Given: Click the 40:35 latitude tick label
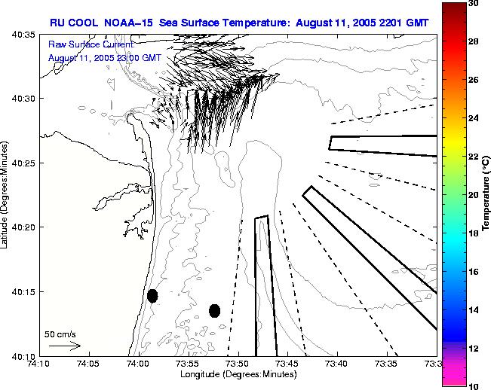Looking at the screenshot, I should [x=23, y=35].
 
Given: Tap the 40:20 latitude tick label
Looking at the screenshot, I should [x=23, y=227].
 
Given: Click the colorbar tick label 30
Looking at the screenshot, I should [x=474, y=3].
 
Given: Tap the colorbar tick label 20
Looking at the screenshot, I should [x=474, y=194].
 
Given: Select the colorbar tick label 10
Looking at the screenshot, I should [x=474, y=385].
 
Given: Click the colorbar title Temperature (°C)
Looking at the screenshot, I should [x=486, y=194].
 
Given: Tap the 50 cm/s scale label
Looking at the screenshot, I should [x=61, y=333].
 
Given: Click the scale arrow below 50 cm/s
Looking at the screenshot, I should [x=65, y=346].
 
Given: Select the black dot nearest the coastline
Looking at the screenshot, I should [x=152, y=296].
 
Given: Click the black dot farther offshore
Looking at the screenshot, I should [x=215, y=310].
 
